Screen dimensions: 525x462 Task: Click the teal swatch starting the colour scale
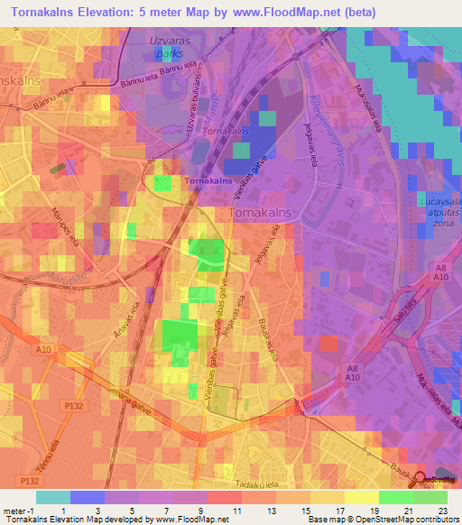(x=53, y=497)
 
